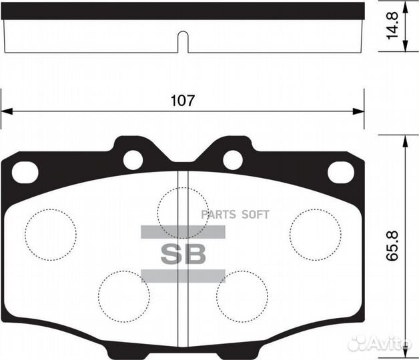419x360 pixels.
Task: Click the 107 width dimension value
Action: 182,101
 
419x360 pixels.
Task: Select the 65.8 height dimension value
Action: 393,245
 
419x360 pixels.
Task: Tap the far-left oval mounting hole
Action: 25,172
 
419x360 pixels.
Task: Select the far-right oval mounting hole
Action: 340,172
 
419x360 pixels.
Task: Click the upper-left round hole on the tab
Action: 133,159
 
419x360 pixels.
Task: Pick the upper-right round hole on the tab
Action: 232,159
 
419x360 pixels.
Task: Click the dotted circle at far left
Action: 51,235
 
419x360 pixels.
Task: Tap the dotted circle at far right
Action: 315,234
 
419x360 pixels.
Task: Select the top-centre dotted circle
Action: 182,213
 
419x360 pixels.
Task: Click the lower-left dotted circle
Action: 124,295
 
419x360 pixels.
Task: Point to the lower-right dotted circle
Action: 242,295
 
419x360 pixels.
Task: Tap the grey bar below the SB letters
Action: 183,275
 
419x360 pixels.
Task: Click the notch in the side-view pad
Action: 183,41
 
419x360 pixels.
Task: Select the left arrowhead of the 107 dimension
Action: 5,111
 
